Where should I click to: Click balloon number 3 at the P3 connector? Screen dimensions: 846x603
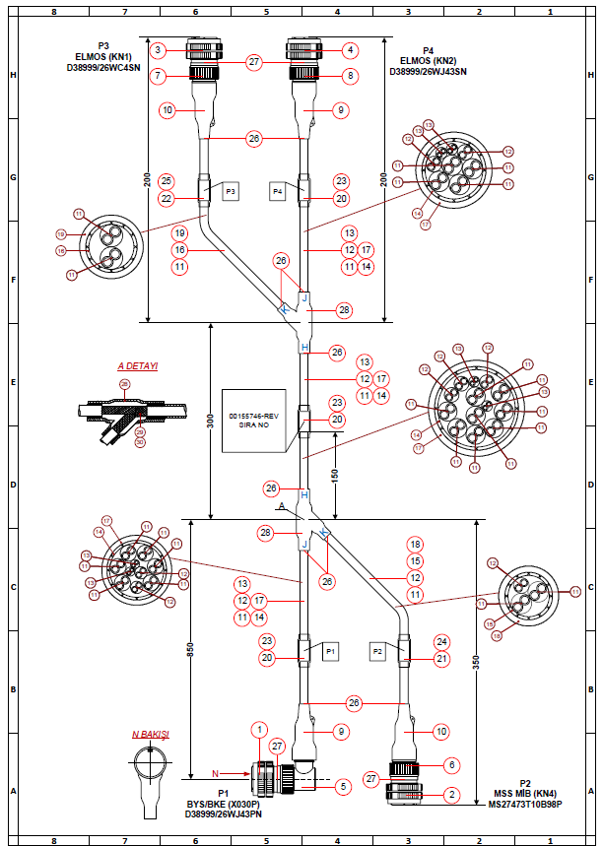tap(158, 49)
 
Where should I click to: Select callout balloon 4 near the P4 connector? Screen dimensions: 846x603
tap(352, 49)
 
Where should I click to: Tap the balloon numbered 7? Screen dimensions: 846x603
tap(158, 75)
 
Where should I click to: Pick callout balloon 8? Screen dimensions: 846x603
tap(352, 75)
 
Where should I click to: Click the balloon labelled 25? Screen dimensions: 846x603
tap(166, 181)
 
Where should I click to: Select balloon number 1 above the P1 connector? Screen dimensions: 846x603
tap(259, 730)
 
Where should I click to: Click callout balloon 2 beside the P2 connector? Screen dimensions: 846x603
tap(451, 794)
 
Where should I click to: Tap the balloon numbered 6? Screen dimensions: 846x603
tap(451, 764)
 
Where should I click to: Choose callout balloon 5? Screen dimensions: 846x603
tap(342, 786)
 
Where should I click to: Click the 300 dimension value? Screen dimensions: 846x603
tap(210, 421)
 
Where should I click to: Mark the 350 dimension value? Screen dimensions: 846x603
tap(476, 663)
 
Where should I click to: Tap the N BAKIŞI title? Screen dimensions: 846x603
tap(151, 735)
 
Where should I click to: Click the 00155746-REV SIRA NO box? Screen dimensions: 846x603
tap(255, 421)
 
